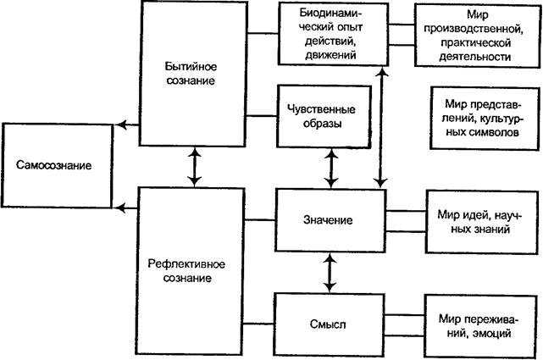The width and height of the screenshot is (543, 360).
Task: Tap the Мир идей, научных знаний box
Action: click(x=476, y=222)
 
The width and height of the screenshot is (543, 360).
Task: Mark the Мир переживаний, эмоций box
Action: click(x=476, y=325)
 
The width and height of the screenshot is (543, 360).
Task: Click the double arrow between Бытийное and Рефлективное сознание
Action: click(x=197, y=167)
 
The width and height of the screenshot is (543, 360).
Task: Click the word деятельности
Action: click(x=476, y=57)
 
